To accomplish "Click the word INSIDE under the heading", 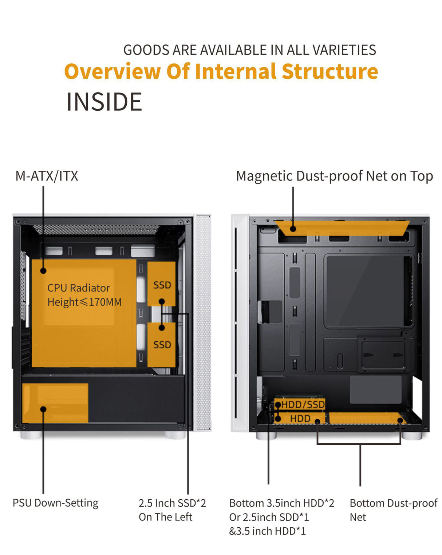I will (x=104, y=102).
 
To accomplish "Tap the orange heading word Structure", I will (x=330, y=71).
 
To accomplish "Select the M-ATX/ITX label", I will (x=47, y=176).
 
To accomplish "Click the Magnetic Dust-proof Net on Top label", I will (x=334, y=176).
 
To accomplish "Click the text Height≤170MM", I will (x=84, y=302).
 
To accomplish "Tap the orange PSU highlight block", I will (x=55, y=403).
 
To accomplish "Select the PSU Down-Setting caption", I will (x=55, y=503).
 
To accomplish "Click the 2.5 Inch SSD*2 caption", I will (x=172, y=503).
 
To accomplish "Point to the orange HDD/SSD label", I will (x=303, y=404).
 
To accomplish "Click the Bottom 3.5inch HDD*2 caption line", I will (x=281, y=503).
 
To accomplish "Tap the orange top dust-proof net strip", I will (x=342, y=228).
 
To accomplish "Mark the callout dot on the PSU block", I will (x=43, y=409).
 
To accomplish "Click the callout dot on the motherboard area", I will (x=43, y=271).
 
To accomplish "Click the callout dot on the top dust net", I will (x=293, y=229).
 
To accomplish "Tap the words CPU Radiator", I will (x=79, y=288).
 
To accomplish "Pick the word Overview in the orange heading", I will (x=113, y=71).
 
